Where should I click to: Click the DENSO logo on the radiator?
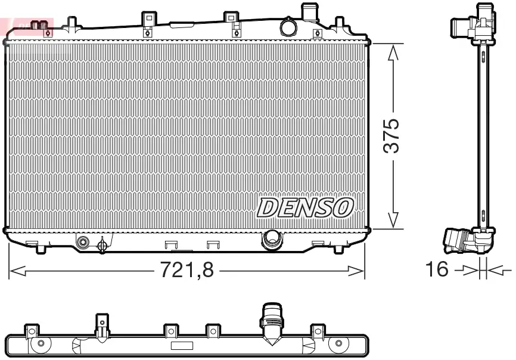point(305,207)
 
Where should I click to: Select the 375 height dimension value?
point(392,136)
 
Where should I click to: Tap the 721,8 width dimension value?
point(186,270)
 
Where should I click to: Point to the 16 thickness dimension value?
point(437,269)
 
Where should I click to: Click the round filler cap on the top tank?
point(288,27)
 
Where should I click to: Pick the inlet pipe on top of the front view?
point(309,12)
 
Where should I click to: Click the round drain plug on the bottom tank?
point(83,242)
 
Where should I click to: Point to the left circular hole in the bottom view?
point(41,343)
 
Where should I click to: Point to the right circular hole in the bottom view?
point(338,343)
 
